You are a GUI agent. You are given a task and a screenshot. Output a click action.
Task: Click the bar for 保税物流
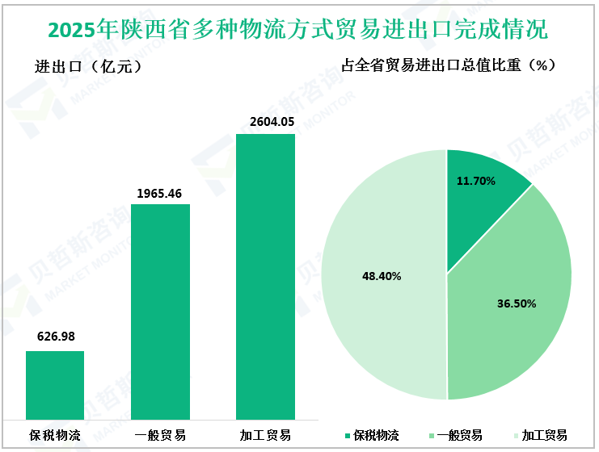(x=55, y=384)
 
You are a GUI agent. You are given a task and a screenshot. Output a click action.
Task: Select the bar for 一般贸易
(x=160, y=311)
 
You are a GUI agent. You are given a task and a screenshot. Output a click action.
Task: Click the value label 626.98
(x=56, y=337)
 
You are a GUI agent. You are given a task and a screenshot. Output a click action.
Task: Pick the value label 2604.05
(x=266, y=122)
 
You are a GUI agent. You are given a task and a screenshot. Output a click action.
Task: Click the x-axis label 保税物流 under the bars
(x=55, y=435)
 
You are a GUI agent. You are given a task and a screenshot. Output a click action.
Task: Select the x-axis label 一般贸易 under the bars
(x=160, y=435)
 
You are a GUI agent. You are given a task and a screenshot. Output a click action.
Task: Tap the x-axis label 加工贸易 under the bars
(x=265, y=435)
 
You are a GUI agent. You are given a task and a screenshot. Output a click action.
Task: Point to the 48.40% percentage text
(x=382, y=276)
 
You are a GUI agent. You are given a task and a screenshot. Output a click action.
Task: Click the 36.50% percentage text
(x=516, y=304)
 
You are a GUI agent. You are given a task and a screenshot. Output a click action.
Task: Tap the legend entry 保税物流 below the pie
(x=372, y=435)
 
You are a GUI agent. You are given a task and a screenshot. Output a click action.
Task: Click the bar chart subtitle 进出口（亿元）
(x=89, y=67)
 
